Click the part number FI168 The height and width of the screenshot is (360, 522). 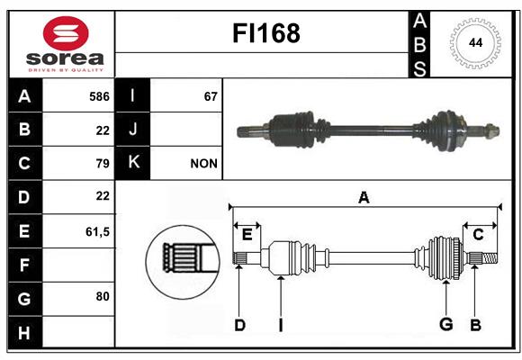[x=266, y=33]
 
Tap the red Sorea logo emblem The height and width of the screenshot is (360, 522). [x=66, y=33]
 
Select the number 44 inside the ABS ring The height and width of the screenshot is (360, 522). [x=476, y=43]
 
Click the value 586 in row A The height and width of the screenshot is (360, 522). [x=99, y=96]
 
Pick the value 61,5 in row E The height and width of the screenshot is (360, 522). [x=97, y=231]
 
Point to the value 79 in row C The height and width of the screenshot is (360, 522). [x=103, y=164]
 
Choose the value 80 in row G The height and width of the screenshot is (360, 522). [x=103, y=296]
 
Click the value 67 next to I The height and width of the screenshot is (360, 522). [x=211, y=96]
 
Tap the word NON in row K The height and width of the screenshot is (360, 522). [x=203, y=164]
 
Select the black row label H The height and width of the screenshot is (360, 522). [x=25, y=332]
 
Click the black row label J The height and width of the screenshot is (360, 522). [x=132, y=129]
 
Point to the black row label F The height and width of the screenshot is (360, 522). [x=25, y=265]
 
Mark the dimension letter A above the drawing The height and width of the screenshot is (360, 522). [x=364, y=197]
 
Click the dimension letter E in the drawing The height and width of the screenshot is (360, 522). [x=247, y=235]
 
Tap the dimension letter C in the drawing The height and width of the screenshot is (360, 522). [x=478, y=235]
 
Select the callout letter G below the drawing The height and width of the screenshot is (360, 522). [x=446, y=324]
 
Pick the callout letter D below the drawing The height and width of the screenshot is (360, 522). [x=239, y=325]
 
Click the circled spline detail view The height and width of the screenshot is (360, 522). [x=183, y=261]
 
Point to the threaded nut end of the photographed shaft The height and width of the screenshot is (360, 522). [x=492, y=130]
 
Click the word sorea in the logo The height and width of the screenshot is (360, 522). [x=65, y=58]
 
